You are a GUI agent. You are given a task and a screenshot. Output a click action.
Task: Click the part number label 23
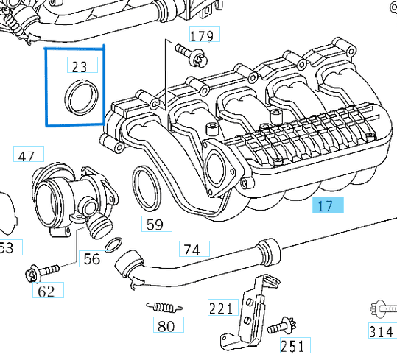80,66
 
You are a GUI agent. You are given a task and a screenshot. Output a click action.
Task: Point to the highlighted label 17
326,205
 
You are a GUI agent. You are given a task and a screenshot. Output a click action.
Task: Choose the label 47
27,156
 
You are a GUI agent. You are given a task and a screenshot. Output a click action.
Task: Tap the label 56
92,258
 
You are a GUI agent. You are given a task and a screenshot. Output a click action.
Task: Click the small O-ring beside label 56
114,244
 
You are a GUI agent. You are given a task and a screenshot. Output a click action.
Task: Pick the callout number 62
46,292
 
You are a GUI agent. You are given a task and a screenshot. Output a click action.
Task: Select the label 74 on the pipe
192,250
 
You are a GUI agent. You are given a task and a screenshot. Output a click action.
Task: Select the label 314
381,331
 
